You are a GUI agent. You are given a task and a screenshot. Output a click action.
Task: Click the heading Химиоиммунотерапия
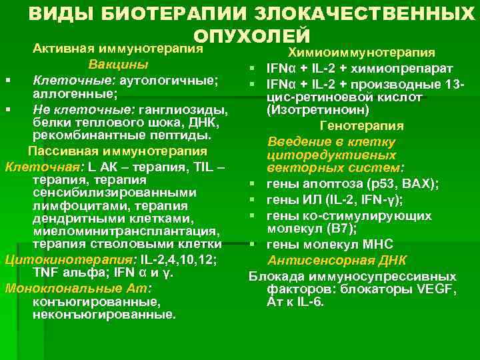coord(362,53)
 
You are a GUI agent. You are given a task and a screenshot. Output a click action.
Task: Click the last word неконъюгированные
coord(103,315)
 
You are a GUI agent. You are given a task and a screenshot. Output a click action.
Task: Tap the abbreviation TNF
coord(45,272)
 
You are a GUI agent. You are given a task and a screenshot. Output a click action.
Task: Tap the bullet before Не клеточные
coord(8,109)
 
